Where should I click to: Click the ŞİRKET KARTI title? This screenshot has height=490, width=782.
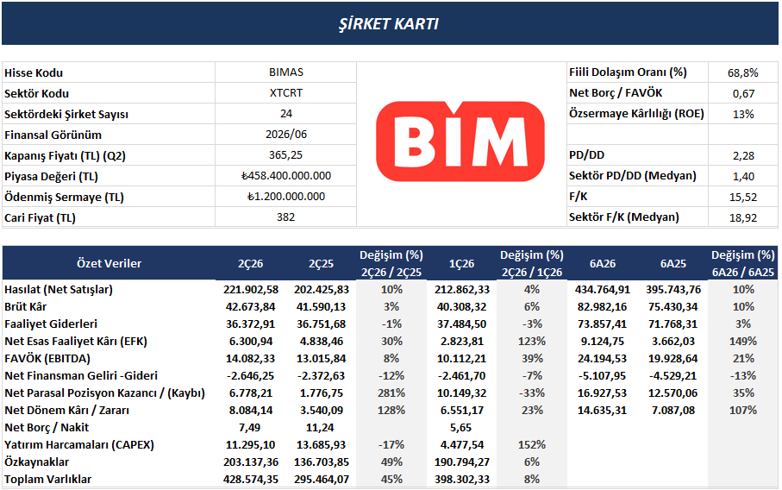click(389, 24)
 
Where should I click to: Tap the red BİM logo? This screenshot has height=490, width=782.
click(460, 141)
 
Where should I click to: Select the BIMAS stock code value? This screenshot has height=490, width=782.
click(285, 72)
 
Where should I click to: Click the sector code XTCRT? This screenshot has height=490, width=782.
click(285, 93)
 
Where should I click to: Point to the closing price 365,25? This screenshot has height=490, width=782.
click(285, 155)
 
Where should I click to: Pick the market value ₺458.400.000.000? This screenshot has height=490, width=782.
click(285, 176)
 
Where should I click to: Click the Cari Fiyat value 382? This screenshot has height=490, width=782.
click(285, 217)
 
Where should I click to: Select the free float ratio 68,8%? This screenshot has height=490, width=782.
click(742, 72)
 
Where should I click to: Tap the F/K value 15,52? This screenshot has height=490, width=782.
click(743, 197)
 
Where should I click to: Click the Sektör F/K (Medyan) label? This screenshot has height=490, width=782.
click(624, 217)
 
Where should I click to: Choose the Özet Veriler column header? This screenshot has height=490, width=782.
click(109, 263)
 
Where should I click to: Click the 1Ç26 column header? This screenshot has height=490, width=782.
click(461, 263)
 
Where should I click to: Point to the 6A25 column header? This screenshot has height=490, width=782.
click(673, 263)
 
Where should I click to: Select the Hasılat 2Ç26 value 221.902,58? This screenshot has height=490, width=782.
click(250, 289)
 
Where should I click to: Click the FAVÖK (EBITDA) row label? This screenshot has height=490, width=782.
click(47, 358)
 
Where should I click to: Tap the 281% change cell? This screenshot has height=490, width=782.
click(391, 393)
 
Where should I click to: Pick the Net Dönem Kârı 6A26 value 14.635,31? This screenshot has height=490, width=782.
click(602, 410)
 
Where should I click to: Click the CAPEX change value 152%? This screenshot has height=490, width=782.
click(532, 444)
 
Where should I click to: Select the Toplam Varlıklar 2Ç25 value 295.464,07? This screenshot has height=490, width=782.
click(322, 479)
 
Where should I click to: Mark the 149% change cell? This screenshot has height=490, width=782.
click(743, 342)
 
